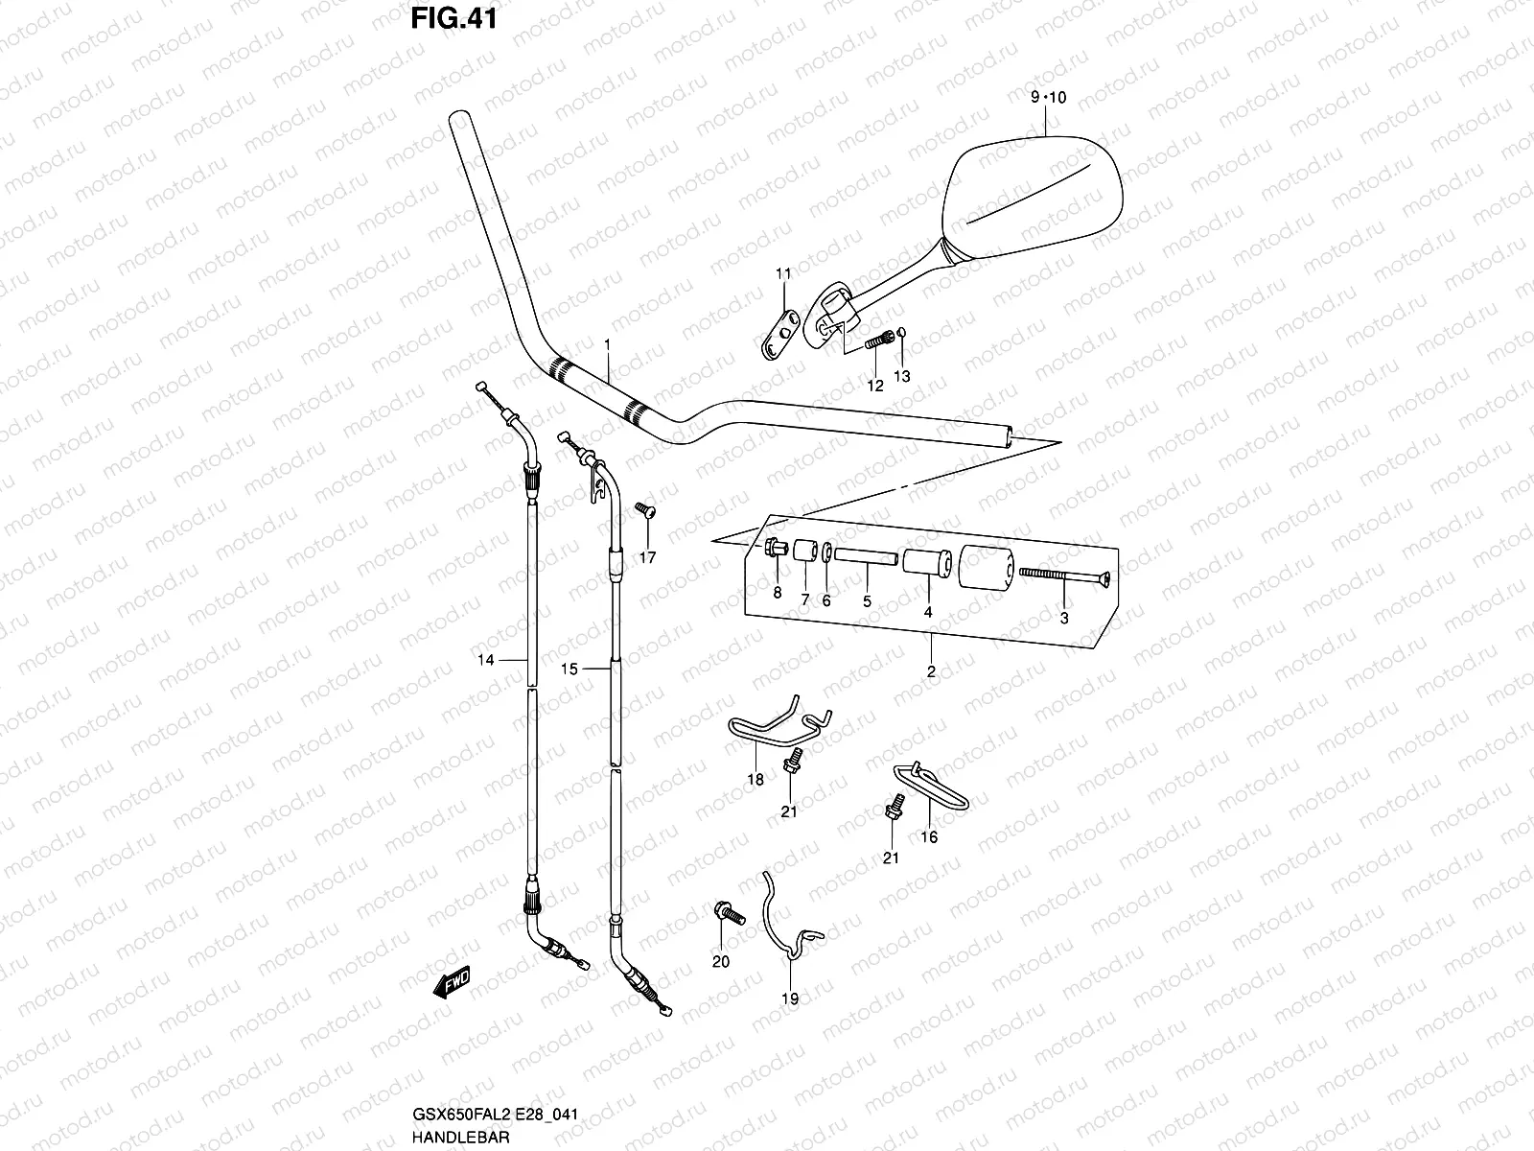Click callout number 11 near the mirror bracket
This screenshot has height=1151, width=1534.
(x=783, y=274)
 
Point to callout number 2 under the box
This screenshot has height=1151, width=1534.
(x=930, y=671)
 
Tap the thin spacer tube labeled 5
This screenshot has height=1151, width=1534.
(x=866, y=554)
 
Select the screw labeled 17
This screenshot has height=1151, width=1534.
(x=644, y=508)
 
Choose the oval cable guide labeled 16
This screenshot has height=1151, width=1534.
(x=935, y=787)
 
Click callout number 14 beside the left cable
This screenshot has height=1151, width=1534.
(x=486, y=659)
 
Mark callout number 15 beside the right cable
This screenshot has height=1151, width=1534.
(x=569, y=669)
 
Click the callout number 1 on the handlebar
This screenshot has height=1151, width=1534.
(x=607, y=343)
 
